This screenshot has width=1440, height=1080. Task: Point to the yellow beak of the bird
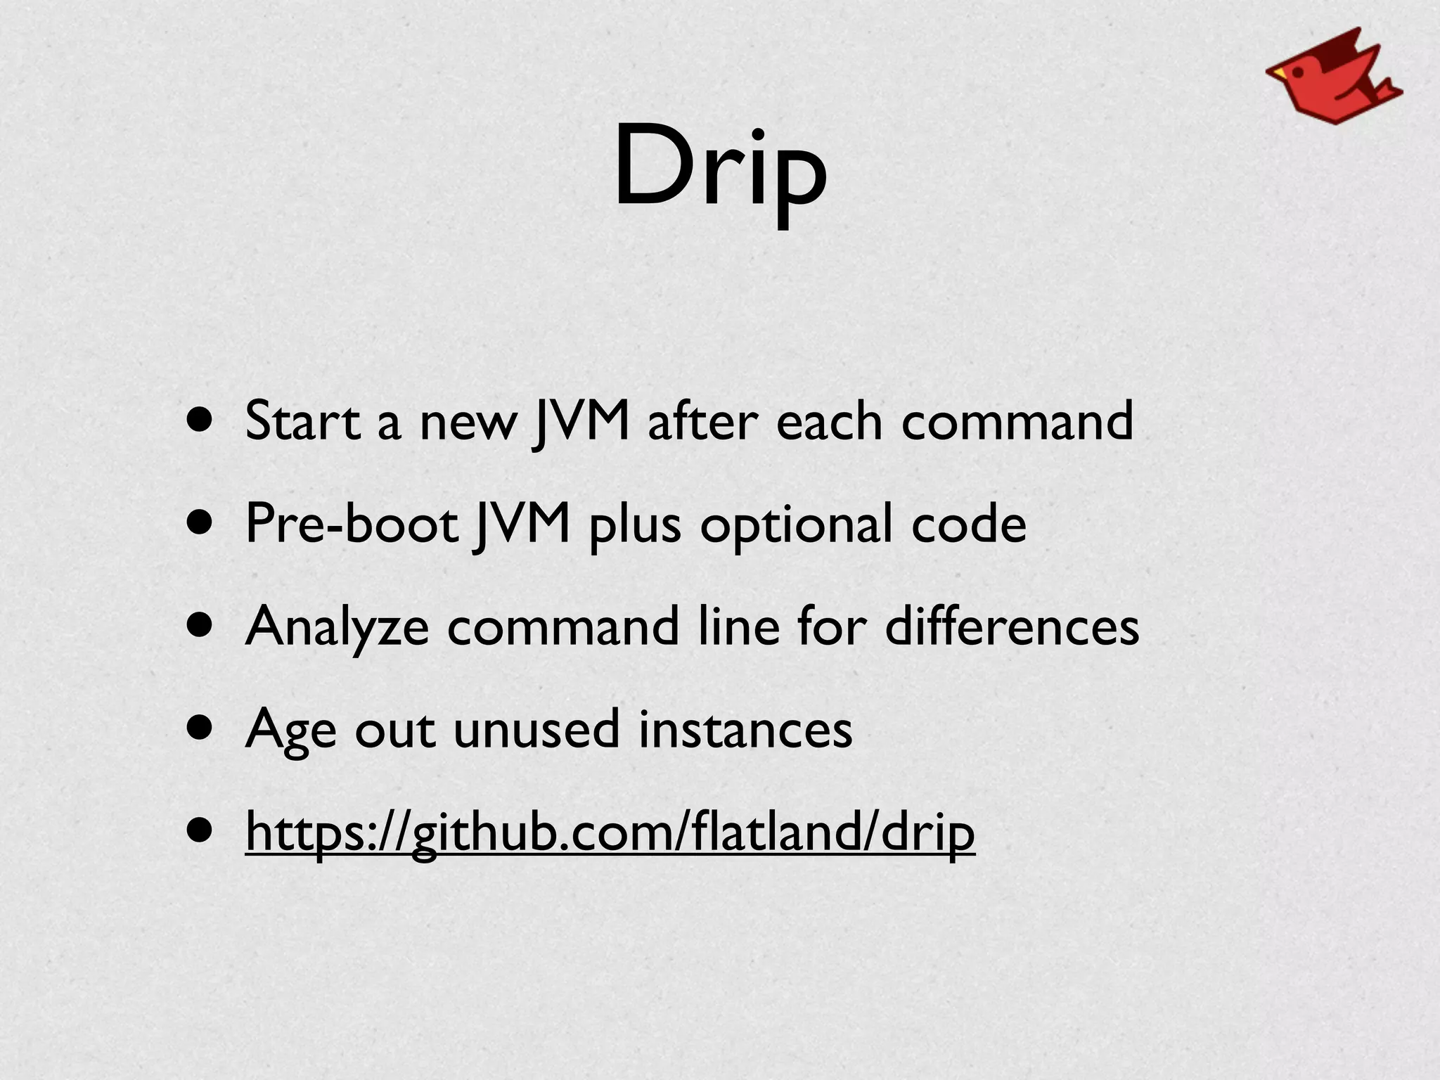coord(1277,72)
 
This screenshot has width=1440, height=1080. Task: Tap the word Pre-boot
coord(352,524)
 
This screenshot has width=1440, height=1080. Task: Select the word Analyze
coord(337,626)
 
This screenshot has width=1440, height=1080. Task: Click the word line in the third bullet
coord(738,626)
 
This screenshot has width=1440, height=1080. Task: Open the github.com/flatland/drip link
coord(610,832)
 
